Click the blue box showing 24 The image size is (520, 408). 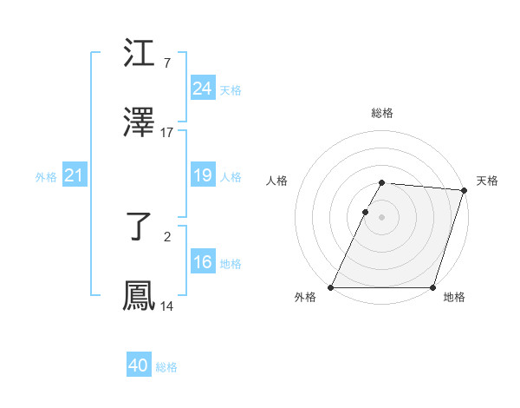tap(202, 89)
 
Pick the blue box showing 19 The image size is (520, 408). tap(202, 176)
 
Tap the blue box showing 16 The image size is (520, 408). tap(202, 262)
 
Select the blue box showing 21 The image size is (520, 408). tap(74, 176)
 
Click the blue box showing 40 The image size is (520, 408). tap(139, 365)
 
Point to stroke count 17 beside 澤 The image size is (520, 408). tap(167, 133)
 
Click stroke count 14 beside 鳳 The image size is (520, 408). tap(167, 306)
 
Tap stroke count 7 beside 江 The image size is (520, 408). tap(166, 63)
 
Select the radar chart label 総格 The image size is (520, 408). tap(382, 113)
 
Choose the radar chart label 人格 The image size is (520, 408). tap(277, 181)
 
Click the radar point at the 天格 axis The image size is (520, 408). tap(465, 190)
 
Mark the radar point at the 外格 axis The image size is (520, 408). tap(331, 287)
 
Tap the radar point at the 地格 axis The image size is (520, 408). tap(433, 287)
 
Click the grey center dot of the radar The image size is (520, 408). tap(382, 217)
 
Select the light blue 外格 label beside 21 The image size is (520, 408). tap(46, 177)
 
